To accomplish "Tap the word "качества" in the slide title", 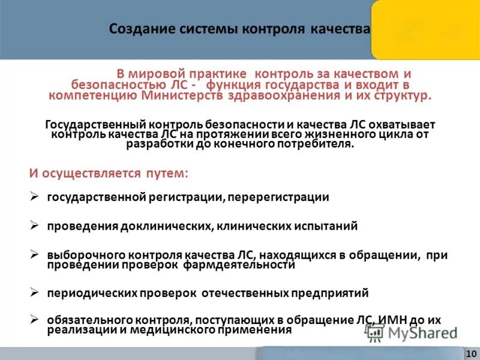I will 339,29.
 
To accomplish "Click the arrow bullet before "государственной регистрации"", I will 35,197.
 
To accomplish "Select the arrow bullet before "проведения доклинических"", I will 35,226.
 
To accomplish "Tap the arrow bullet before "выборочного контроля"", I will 35,255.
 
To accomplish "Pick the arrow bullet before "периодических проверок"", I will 35,293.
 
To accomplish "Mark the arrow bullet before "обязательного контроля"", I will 35,320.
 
